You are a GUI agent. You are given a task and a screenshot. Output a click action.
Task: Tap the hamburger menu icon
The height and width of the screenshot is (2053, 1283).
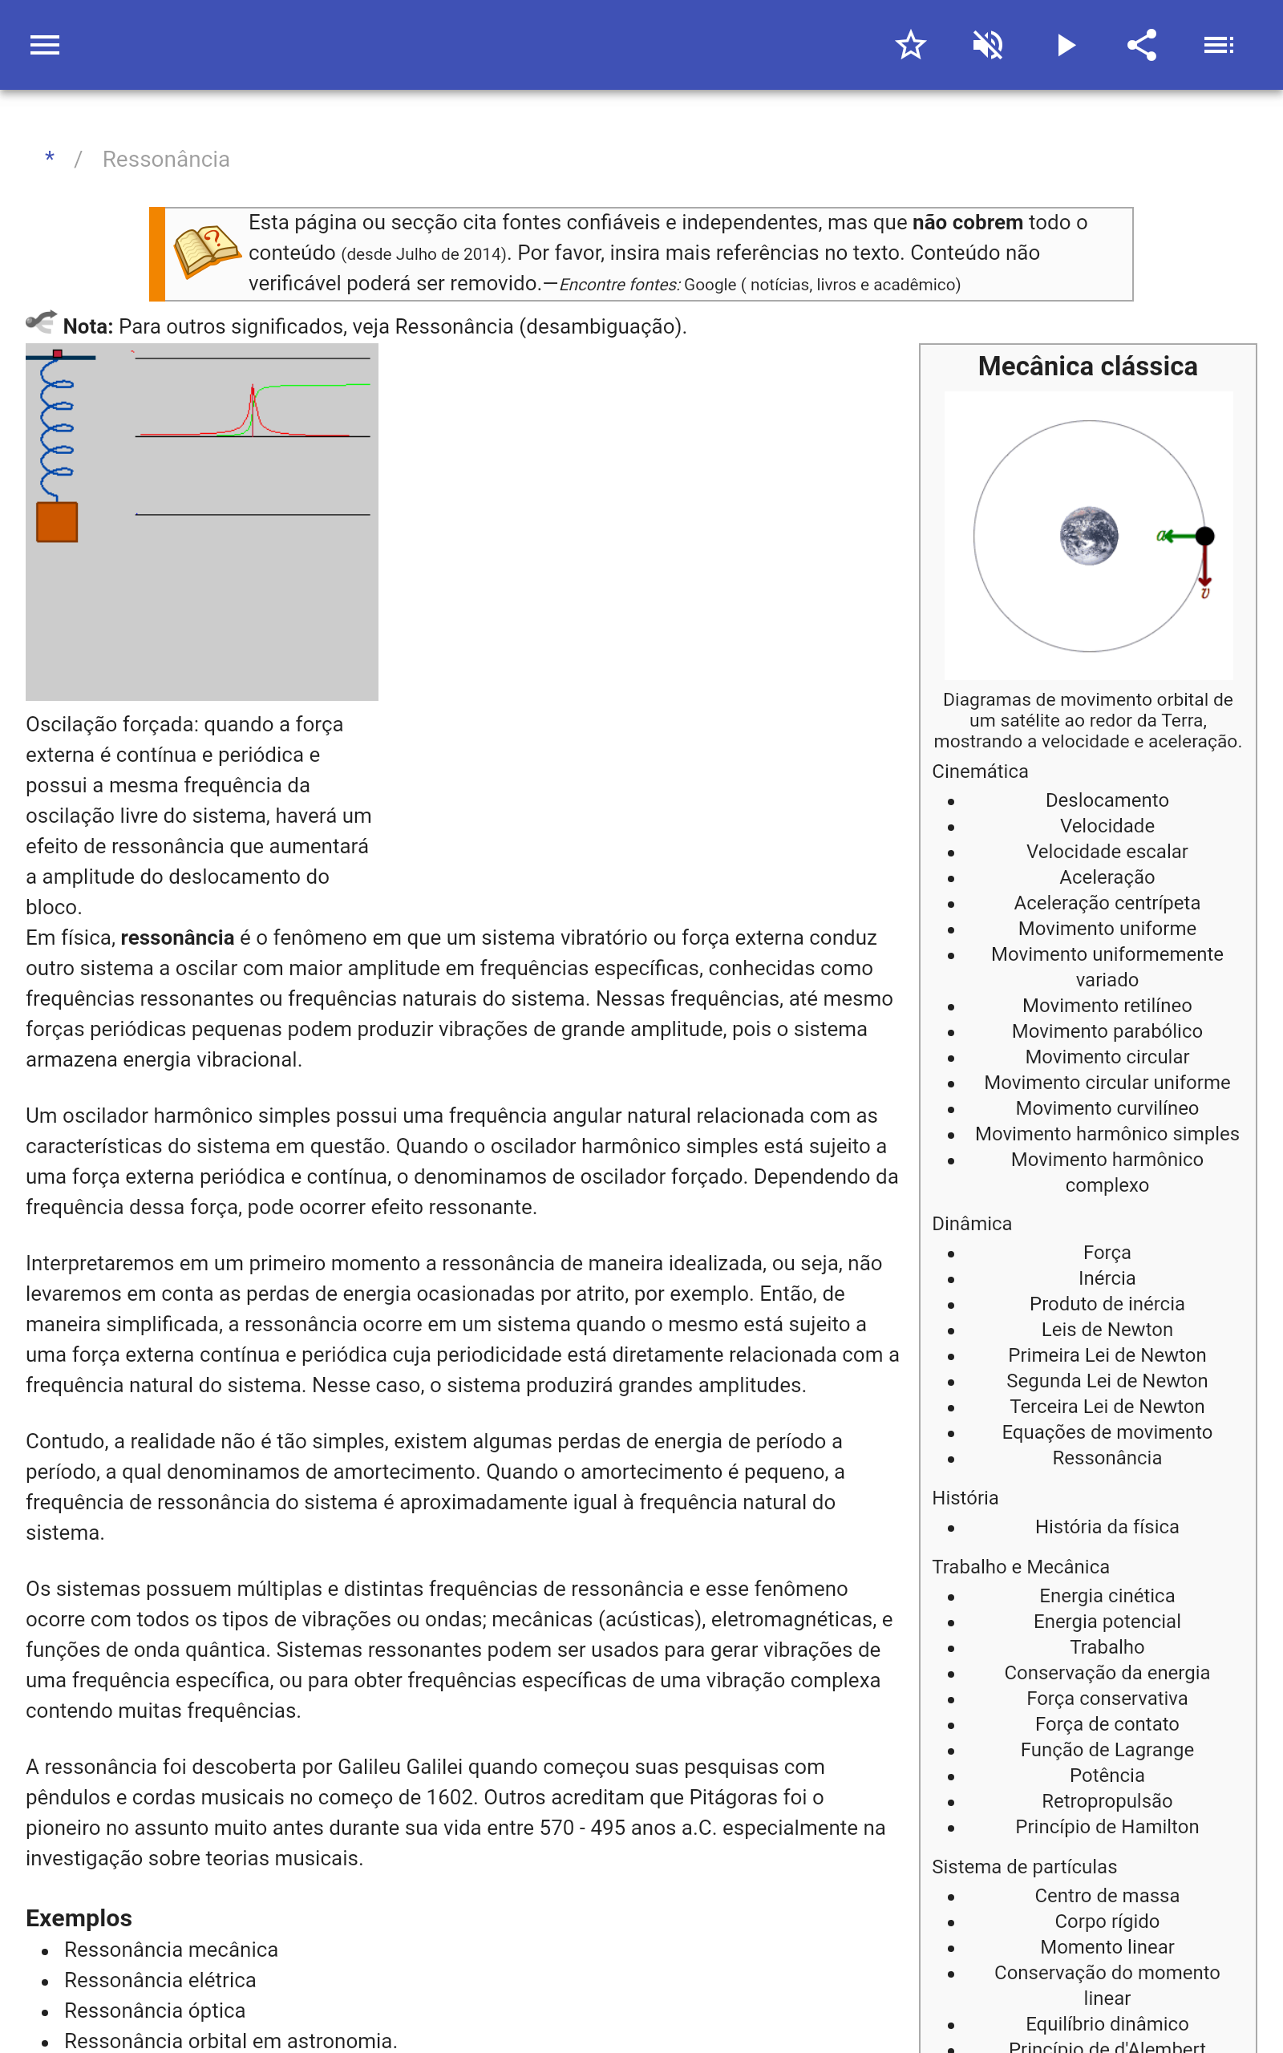(45, 45)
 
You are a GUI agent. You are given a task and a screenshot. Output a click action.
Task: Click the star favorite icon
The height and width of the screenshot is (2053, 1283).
(910, 45)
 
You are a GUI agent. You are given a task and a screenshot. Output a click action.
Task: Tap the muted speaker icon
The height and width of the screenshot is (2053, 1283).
(988, 45)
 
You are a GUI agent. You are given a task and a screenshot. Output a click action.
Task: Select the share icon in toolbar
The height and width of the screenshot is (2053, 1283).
(1142, 45)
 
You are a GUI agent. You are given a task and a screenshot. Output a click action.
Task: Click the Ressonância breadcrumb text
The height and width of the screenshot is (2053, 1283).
(165, 160)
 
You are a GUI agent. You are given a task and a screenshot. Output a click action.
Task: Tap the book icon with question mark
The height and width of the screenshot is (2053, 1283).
(206, 251)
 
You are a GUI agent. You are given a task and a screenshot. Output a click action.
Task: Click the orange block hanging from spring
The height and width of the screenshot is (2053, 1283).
(57, 522)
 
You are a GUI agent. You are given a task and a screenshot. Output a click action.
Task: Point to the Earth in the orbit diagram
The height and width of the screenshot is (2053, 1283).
(1089, 536)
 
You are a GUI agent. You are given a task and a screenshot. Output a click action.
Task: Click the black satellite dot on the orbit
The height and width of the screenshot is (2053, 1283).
(1205, 536)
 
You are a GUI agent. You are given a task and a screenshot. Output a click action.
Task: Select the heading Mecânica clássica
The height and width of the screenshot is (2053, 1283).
(1087, 366)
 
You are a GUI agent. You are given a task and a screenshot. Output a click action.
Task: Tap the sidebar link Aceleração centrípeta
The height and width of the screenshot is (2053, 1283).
(1107, 903)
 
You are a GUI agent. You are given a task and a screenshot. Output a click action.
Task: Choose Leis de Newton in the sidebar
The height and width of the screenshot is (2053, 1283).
(1107, 1330)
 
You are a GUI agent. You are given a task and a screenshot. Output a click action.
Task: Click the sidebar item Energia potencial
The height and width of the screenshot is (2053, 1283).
(1107, 1622)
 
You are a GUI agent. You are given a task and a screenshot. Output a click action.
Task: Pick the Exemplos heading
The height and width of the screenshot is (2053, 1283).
(79, 1918)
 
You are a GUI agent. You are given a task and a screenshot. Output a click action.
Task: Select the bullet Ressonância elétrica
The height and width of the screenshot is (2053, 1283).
(160, 1980)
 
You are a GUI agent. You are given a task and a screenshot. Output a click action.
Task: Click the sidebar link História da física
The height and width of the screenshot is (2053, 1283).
(1107, 1527)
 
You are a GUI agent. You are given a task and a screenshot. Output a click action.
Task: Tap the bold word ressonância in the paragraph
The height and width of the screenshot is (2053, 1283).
(176, 937)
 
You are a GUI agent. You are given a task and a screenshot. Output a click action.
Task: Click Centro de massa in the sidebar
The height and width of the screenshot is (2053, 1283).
(1107, 1895)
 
